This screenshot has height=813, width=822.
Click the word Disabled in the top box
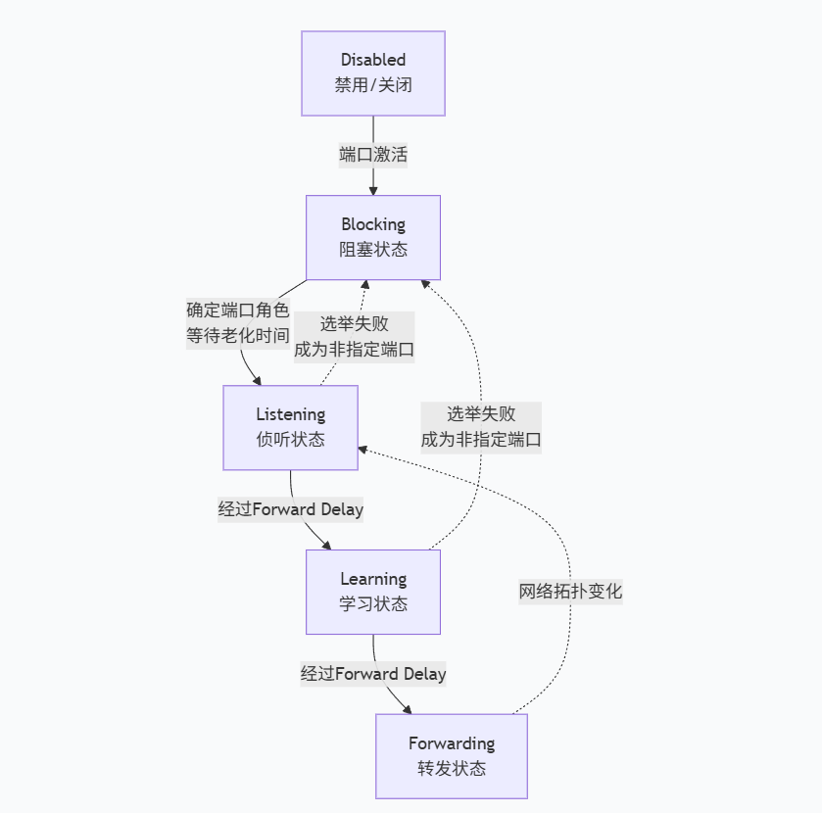[372, 61]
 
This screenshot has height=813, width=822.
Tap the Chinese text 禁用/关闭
[372, 85]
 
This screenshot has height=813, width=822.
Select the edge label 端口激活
[373, 155]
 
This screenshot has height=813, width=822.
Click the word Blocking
[372, 224]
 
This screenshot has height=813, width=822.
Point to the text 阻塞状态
[372, 250]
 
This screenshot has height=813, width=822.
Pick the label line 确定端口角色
[238, 311]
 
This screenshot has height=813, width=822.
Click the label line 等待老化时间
[238, 336]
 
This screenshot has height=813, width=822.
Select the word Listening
[290, 414]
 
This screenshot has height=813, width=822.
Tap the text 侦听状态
[290, 440]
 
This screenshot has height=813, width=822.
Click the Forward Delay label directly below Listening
[290, 509]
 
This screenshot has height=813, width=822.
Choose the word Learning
[372, 579]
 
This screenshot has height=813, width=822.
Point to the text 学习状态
[372, 604]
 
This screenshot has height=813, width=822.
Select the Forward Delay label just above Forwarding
[372, 674]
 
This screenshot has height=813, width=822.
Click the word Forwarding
[451, 743]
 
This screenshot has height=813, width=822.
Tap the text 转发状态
[451, 768]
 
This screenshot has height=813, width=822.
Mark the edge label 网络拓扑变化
[570, 592]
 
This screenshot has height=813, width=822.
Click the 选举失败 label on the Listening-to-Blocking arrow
[354, 324]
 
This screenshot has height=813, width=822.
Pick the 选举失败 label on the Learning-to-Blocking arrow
[481, 413]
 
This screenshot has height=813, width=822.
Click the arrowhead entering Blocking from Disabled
[373, 189]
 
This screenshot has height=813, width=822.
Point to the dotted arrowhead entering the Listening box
[363, 450]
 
